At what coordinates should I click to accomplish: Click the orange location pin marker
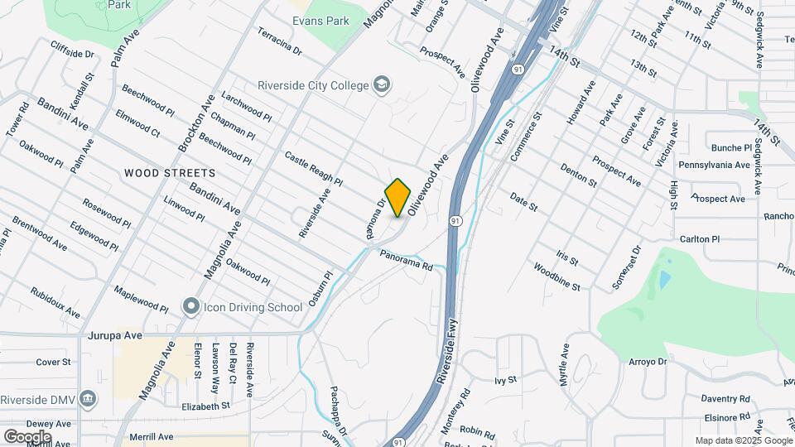tap(398, 197)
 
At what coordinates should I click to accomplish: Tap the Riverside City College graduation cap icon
tap(382, 84)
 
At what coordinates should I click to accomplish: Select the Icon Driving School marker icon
tap(191, 307)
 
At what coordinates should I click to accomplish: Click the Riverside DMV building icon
tap(89, 398)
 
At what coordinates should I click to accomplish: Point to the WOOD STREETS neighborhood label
tap(170, 173)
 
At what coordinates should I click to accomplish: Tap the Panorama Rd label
tap(407, 262)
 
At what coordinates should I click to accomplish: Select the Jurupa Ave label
tap(115, 336)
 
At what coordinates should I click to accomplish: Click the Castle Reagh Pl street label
tap(313, 168)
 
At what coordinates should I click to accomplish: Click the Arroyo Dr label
tap(648, 362)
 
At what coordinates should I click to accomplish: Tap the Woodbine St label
tap(556, 277)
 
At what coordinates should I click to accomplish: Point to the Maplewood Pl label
tap(141, 300)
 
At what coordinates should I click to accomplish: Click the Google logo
tap(27, 436)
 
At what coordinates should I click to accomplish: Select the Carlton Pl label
tap(700, 238)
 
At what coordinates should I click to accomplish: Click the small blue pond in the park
tap(664, 279)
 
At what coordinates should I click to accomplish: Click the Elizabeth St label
tap(205, 406)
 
